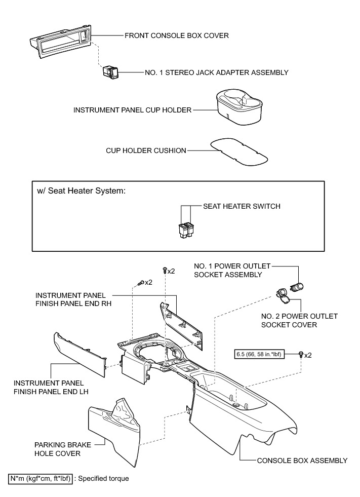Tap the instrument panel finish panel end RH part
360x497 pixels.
182,327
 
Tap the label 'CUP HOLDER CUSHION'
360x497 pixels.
146,150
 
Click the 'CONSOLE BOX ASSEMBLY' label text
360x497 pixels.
302,461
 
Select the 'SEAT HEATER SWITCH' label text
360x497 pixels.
242,206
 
